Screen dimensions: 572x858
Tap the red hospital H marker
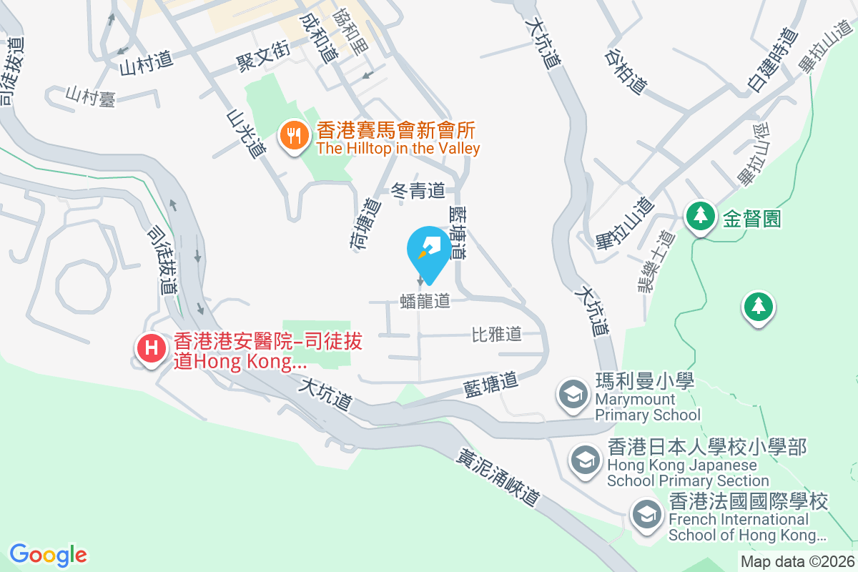click(152, 349)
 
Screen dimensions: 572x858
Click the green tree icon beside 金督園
click(701, 216)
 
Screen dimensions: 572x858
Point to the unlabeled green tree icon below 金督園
click(757, 307)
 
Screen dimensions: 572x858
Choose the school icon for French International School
click(647, 513)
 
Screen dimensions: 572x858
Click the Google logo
click(49, 555)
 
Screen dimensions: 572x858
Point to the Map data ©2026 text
click(797, 561)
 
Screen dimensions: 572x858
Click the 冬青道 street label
click(418, 190)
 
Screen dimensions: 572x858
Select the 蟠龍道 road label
click(425, 301)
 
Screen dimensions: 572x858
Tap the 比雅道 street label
click(496, 334)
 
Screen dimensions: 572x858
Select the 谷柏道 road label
click(626, 71)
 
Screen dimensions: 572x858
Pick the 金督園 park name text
click(751, 218)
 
